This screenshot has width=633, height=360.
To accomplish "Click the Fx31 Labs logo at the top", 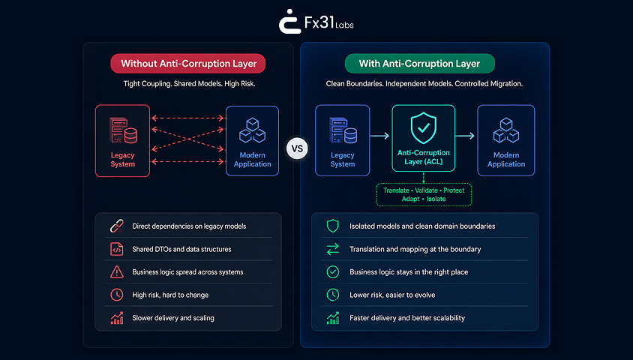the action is click(316, 22).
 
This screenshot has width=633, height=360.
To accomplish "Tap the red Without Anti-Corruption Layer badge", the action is click(188, 63).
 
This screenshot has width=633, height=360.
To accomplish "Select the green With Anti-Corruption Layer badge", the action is click(420, 63).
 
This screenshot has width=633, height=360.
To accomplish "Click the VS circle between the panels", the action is click(297, 148).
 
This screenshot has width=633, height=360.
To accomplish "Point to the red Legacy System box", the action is click(123, 140).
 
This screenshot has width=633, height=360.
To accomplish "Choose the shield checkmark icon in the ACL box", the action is click(424, 128).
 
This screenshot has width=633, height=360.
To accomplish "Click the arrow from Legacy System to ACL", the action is click(379, 136).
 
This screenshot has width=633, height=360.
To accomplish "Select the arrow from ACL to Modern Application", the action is click(465, 136).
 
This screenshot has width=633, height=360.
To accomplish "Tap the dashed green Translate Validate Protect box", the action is click(424, 194).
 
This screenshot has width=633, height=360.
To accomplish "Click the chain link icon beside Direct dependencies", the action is click(117, 226).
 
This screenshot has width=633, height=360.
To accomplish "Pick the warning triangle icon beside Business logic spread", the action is click(117, 272).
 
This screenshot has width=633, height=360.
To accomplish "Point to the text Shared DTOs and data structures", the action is click(181, 250).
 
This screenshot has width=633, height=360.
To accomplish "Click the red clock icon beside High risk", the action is click(117, 295).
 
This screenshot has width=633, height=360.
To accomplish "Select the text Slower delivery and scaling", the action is click(173, 318).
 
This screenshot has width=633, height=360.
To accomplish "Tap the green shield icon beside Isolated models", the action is click(333, 226).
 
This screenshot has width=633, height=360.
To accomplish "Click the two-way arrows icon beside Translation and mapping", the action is click(333, 250).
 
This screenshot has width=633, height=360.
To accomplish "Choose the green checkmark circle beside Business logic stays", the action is click(333, 272).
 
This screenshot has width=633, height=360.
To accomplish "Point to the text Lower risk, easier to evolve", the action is click(392, 295).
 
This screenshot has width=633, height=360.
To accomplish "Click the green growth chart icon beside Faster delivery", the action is click(333, 318).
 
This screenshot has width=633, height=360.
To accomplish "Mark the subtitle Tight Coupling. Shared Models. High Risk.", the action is click(189, 84).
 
